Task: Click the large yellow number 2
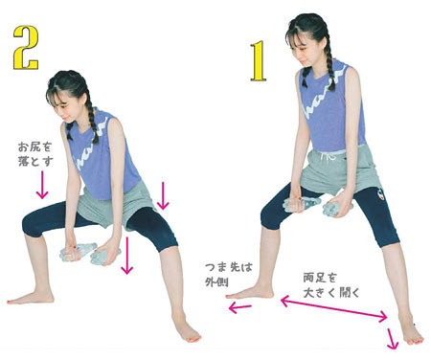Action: coord(23,46)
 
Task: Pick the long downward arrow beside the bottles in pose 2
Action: coord(127,256)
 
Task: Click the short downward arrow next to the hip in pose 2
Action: coord(164,195)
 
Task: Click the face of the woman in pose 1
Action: coord(306,46)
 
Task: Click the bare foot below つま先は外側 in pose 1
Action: coord(254,292)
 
